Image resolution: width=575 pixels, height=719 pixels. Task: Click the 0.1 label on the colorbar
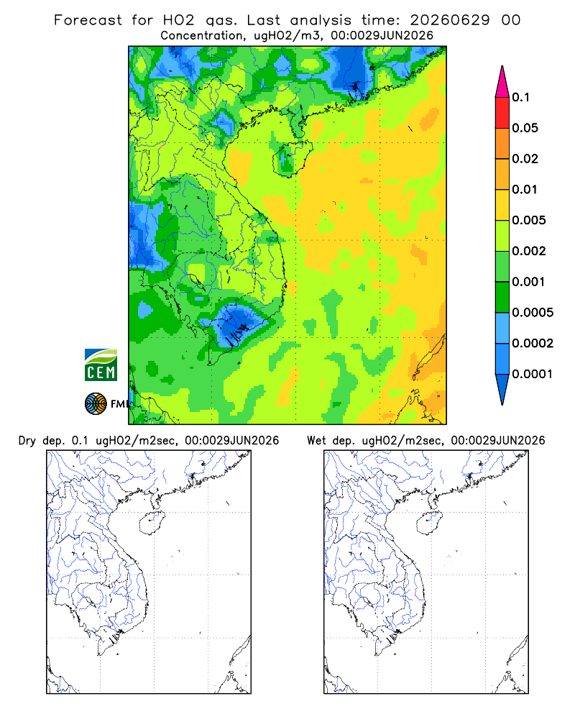click(520, 97)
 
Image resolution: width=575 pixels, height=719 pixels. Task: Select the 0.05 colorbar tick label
click(525, 128)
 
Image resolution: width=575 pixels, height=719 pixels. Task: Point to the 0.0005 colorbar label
click(533, 312)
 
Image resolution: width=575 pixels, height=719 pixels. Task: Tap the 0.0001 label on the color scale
click(533, 374)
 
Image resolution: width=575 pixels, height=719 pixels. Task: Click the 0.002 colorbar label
click(529, 251)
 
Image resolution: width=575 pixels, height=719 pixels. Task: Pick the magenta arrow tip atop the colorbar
click(502, 81)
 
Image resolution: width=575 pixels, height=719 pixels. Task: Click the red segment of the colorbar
click(502, 113)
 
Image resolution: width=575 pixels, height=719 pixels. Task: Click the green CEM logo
click(101, 365)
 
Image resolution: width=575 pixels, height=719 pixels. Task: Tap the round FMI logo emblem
click(96, 403)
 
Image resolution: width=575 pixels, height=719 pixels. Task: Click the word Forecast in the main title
click(88, 20)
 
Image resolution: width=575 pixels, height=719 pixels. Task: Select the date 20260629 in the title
click(449, 20)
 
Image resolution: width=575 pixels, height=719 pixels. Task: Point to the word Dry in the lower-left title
click(27, 441)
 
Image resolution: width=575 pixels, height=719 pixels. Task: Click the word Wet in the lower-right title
click(316, 441)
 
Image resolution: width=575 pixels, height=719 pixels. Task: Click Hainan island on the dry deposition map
click(152, 523)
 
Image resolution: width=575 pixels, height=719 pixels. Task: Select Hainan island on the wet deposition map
click(429, 523)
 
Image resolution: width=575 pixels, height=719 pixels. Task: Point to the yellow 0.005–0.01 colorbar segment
click(502, 205)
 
